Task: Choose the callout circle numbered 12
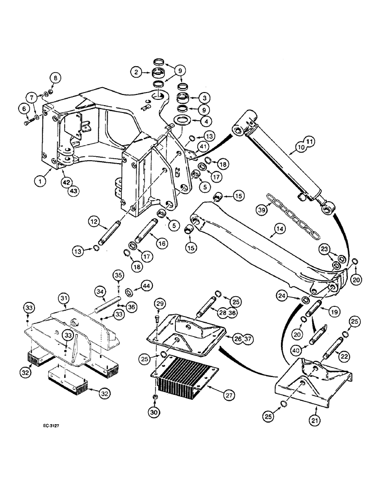pos(94,222)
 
